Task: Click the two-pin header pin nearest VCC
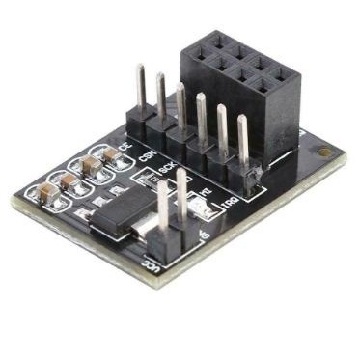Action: pyautogui.click(x=161, y=217)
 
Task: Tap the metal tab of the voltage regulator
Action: pyautogui.click(x=142, y=235)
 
